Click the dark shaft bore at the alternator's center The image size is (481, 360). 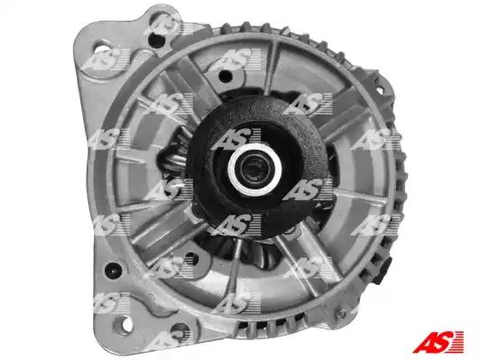[254, 171]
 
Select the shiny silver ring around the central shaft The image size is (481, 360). [254, 171]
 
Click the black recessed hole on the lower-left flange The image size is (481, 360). [113, 270]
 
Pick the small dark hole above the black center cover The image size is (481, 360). [226, 76]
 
